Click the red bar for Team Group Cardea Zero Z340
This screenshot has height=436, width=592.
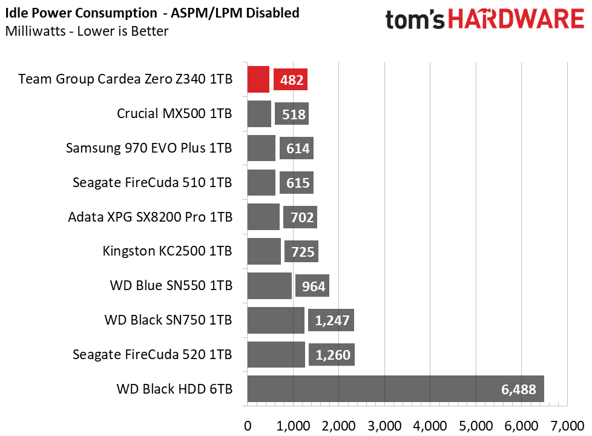[x=258, y=79]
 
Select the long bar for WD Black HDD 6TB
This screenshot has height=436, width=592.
[x=396, y=389]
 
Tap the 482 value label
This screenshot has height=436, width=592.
[x=291, y=80]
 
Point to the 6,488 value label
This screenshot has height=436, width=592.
[x=518, y=389]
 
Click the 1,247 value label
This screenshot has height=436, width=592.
[x=331, y=320]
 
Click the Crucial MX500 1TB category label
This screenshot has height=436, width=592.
[x=174, y=113]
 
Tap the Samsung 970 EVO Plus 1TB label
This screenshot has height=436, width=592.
[x=149, y=148]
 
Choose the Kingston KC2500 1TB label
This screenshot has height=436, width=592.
[x=167, y=251]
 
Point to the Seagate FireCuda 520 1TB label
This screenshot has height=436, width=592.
[x=152, y=354]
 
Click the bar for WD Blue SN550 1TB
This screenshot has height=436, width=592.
[x=269, y=286]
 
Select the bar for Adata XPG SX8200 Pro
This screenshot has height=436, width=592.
[x=263, y=217]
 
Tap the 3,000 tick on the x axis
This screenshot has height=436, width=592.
[x=384, y=426]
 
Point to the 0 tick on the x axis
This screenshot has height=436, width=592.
[x=248, y=426]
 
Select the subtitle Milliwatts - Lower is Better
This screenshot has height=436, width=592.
[x=87, y=31]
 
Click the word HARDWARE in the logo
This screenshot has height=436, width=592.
[x=516, y=19]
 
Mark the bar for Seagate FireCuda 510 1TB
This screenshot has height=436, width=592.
[x=261, y=182]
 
